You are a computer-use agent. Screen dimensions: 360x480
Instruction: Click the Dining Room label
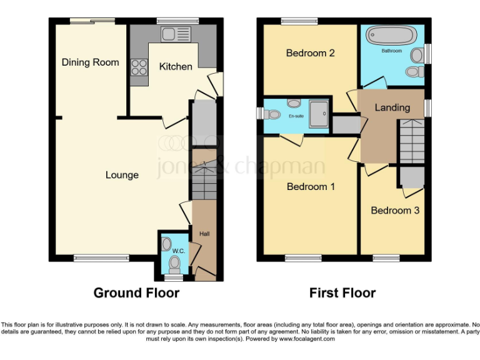tap(90, 62)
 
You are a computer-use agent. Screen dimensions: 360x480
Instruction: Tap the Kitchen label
tap(175, 66)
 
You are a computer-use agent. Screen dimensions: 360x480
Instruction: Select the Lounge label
tap(122, 175)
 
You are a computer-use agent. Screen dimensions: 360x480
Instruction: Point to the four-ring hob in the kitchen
tap(139, 66)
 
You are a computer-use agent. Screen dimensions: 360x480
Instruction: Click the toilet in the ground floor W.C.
tap(174, 262)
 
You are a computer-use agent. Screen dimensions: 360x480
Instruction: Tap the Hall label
tap(204, 234)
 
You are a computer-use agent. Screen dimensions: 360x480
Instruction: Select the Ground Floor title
tap(136, 292)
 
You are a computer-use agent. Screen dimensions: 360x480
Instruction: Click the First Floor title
tap(342, 292)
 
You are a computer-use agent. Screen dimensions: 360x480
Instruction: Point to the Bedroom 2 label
tap(310, 53)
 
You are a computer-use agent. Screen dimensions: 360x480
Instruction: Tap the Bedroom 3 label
tap(395, 211)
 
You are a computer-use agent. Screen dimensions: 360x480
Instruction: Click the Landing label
tap(392, 107)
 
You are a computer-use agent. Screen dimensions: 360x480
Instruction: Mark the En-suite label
tap(295, 116)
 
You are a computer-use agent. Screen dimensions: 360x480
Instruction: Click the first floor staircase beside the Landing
tap(411, 141)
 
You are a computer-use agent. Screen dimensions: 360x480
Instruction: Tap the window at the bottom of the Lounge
tap(101, 257)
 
